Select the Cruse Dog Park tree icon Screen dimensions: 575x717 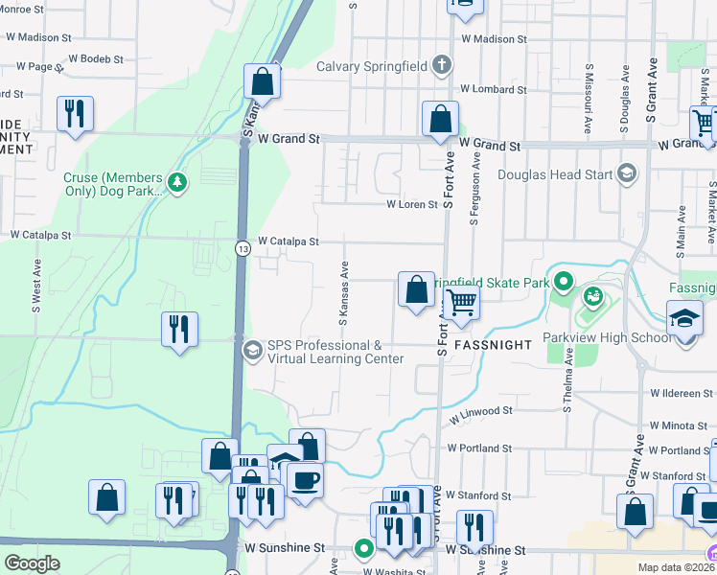tap(176, 180)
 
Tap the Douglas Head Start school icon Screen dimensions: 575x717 tap(627, 173)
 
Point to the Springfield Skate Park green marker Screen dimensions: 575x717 tap(564, 283)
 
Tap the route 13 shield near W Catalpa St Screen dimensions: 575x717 tap(243, 249)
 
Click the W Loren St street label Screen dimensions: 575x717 tap(412, 204)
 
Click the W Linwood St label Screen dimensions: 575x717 tap(480, 411)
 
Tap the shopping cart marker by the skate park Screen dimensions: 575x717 tap(462, 302)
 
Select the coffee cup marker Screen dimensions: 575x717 tap(305, 479)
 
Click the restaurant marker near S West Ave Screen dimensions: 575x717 tap(179, 329)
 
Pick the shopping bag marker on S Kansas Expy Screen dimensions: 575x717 tap(262, 81)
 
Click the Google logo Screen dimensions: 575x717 tap(32, 563)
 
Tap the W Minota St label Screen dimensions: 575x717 tap(682, 425)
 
